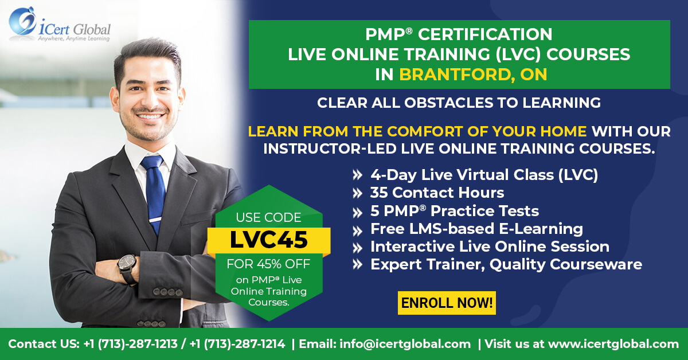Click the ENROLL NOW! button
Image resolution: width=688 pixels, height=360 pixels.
(x=447, y=303)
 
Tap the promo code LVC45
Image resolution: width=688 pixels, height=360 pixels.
(x=269, y=240)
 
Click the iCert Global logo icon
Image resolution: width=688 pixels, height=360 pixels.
(x=22, y=22)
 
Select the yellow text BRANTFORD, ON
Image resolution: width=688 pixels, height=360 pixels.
(x=473, y=75)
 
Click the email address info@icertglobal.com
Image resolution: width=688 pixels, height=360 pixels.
(x=405, y=344)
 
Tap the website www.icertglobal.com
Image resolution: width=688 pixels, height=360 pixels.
(x=613, y=344)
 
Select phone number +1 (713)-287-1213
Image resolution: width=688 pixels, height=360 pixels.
(x=130, y=344)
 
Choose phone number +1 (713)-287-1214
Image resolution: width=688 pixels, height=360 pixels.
(x=237, y=344)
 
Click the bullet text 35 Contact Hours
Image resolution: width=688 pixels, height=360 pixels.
(x=437, y=193)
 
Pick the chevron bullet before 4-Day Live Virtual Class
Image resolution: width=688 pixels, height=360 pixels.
(x=357, y=175)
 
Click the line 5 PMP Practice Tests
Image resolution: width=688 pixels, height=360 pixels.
(x=455, y=211)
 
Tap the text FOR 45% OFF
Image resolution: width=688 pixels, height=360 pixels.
(x=268, y=264)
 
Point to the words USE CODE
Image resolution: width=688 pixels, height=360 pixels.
(x=268, y=217)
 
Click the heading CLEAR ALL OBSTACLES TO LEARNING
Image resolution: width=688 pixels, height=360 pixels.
(x=459, y=103)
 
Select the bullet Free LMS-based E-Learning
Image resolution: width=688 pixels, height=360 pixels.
(x=476, y=229)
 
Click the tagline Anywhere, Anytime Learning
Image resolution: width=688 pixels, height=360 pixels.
(x=74, y=39)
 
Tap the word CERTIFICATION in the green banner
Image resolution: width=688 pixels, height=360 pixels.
(x=485, y=34)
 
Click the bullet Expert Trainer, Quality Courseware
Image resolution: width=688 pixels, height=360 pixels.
(x=506, y=264)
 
